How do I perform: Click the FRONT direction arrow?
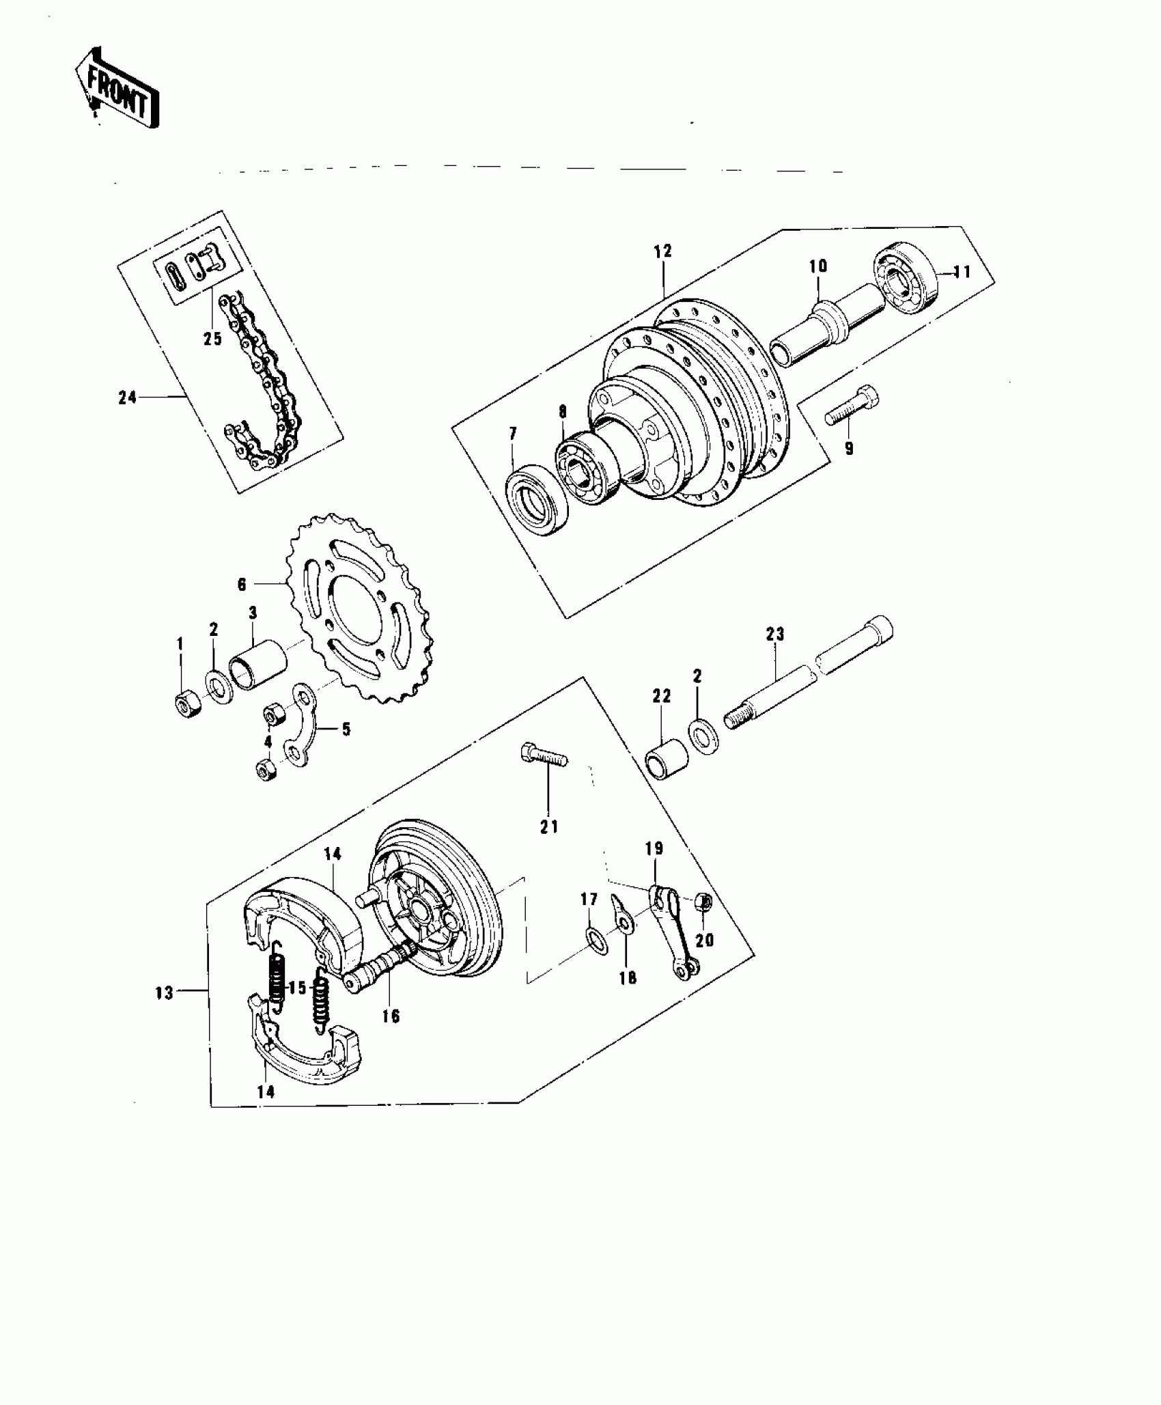[117, 90]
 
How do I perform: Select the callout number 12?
[662, 251]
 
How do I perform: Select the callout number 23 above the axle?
[775, 635]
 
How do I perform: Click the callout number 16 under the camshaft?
[391, 1035]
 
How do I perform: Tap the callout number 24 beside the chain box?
[128, 398]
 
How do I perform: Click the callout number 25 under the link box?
[213, 338]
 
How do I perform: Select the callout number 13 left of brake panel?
[165, 993]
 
